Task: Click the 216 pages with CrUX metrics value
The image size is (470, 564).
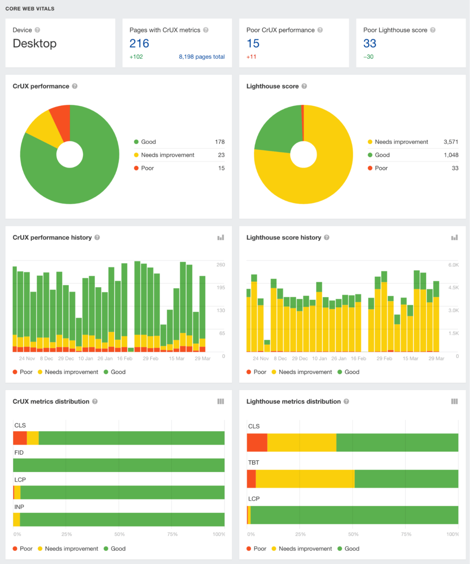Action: (x=139, y=43)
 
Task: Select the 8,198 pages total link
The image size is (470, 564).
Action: (x=201, y=57)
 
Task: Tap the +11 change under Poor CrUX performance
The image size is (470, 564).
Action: (x=251, y=57)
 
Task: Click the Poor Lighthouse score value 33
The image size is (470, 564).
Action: (x=369, y=43)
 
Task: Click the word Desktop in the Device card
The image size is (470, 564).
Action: (x=34, y=43)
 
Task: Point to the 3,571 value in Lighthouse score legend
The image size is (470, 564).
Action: (x=451, y=142)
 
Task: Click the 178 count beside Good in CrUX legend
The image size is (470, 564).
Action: (x=220, y=142)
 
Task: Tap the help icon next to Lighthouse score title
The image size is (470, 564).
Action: (x=304, y=86)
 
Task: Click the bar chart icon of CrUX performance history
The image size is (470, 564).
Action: (x=221, y=238)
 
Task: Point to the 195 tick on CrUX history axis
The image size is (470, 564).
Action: (x=221, y=288)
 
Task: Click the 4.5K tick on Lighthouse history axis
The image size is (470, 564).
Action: (x=453, y=288)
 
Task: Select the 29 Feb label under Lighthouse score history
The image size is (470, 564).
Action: (x=384, y=358)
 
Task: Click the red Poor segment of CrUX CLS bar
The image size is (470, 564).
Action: (x=20, y=438)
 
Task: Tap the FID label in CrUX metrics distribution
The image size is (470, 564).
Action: (x=19, y=452)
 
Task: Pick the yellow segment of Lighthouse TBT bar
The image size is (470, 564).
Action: (x=305, y=479)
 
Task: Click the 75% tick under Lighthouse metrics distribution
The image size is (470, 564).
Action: (x=406, y=534)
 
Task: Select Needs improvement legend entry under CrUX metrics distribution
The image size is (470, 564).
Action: (x=71, y=549)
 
